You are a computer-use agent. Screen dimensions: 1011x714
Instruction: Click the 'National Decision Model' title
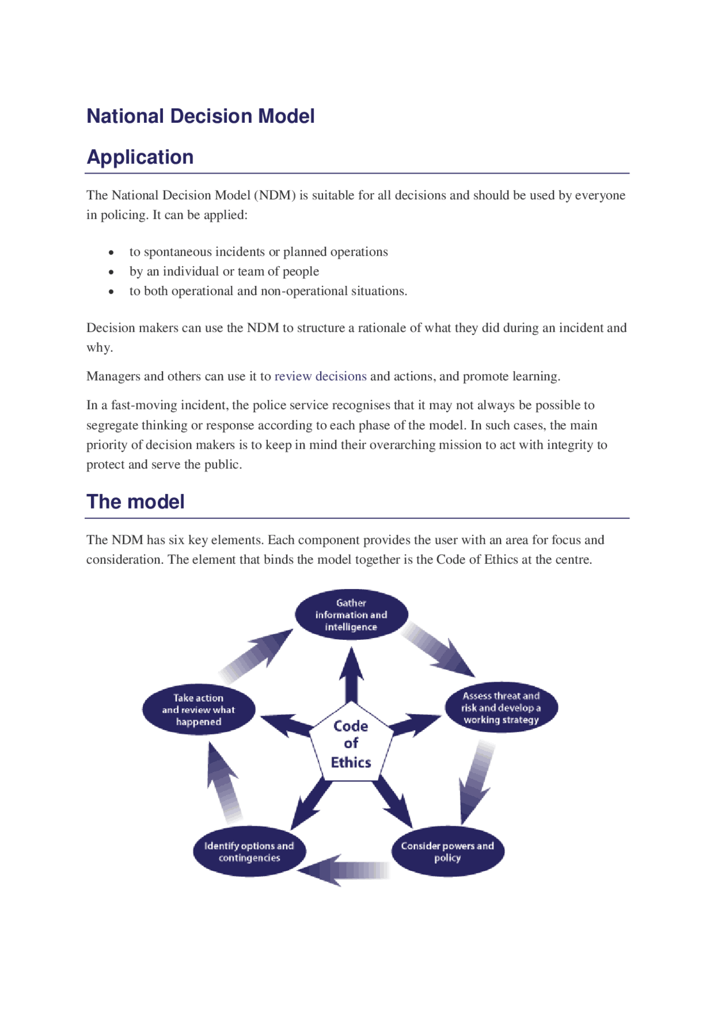click(x=200, y=116)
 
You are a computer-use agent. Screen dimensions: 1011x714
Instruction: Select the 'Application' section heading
click(x=140, y=157)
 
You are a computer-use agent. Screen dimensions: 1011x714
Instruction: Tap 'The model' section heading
click(x=135, y=501)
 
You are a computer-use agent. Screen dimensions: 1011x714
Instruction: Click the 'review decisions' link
click(x=320, y=376)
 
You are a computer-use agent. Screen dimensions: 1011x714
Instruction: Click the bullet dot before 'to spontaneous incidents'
click(x=112, y=253)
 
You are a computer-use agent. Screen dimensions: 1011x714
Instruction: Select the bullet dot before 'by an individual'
click(x=112, y=272)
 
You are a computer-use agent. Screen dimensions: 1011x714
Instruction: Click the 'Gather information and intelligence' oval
click(x=351, y=615)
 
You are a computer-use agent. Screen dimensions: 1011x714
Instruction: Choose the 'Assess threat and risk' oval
click(x=501, y=707)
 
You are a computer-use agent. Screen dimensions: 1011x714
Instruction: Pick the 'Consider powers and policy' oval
click(x=447, y=851)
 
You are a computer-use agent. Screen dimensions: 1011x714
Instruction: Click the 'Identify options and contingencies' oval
click(x=249, y=851)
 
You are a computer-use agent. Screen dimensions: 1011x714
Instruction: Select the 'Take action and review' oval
click(x=199, y=710)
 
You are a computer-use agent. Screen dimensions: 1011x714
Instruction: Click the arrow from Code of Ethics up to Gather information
click(x=351, y=675)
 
